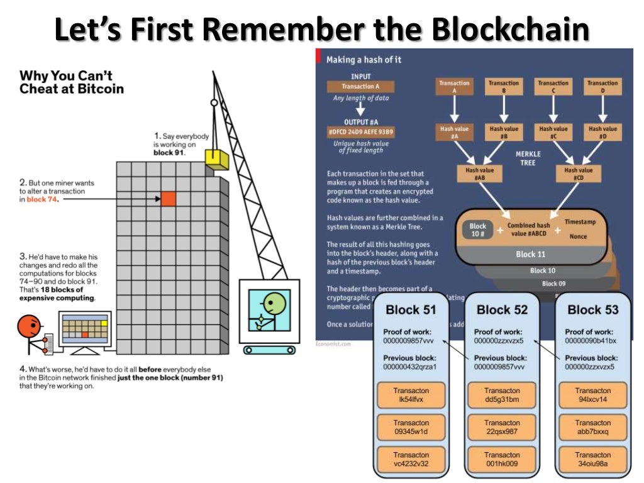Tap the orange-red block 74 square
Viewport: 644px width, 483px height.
coord(168,199)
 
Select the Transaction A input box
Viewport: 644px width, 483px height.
coord(360,87)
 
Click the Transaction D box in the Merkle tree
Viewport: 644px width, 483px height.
coord(602,87)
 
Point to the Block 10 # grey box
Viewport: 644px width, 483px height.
coord(478,230)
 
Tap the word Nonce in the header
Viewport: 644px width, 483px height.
coord(578,236)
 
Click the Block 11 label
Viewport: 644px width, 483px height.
coord(530,254)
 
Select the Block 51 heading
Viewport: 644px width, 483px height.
coord(411,309)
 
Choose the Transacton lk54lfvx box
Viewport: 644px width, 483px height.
coord(411,395)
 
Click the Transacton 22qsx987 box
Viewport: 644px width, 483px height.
coord(502,427)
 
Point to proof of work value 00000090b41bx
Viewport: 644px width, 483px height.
coord(592,341)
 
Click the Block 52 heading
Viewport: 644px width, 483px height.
coord(502,309)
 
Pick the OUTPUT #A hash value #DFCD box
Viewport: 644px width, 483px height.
coord(360,131)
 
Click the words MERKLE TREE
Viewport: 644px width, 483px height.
coord(528,158)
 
